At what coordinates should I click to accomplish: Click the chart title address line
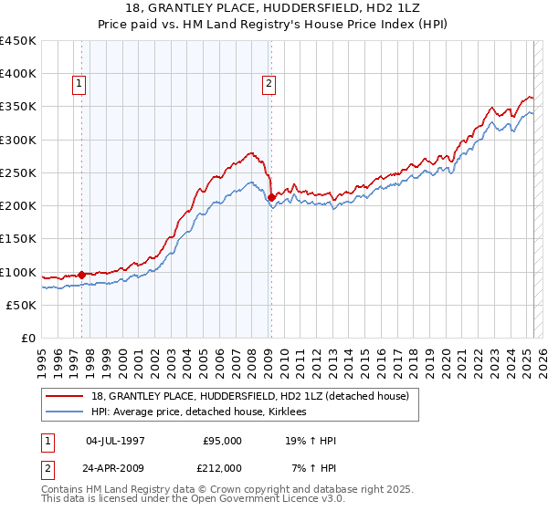pos(273,7)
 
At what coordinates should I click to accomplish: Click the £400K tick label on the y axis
pos(17,74)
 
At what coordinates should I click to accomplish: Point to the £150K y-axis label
pos(17,239)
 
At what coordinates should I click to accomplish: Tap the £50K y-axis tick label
pos(21,305)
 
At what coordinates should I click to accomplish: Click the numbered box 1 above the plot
pos(80,85)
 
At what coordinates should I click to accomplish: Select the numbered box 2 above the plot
pos(269,85)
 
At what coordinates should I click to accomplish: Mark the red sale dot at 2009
pos(271,197)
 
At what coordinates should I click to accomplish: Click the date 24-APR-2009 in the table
pos(115,467)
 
